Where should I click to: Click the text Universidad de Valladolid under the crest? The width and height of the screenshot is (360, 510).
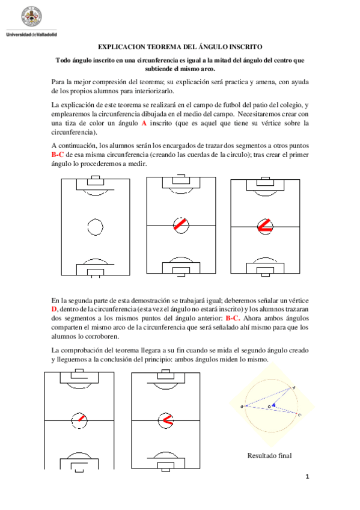(31, 34)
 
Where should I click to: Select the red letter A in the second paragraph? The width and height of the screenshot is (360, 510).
(144, 123)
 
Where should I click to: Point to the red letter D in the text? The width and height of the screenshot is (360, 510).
(55, 309)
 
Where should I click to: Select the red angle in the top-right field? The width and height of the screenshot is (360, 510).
(265, 226)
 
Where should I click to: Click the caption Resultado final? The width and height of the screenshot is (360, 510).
(269, 455)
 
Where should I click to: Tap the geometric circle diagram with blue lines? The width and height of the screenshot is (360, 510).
(271, 404)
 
